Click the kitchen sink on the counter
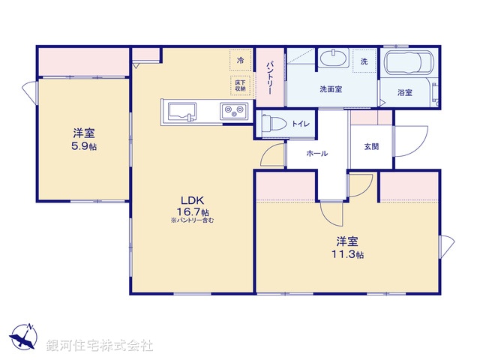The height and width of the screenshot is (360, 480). (181, 112)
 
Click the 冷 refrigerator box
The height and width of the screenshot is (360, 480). (240, 60)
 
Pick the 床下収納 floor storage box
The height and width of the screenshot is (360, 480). (240, 85)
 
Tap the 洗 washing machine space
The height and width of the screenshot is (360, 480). (364, 61)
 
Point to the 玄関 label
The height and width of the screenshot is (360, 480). (371, 145)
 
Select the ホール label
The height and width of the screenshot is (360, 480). (316, 152)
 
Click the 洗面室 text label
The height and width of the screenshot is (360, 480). (331, 89)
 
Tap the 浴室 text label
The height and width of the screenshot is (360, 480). (405, 92)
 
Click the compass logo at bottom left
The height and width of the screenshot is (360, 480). (23, 337)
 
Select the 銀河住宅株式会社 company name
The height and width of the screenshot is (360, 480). (100, 345)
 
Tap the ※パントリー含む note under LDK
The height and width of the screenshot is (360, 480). (192, 220)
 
